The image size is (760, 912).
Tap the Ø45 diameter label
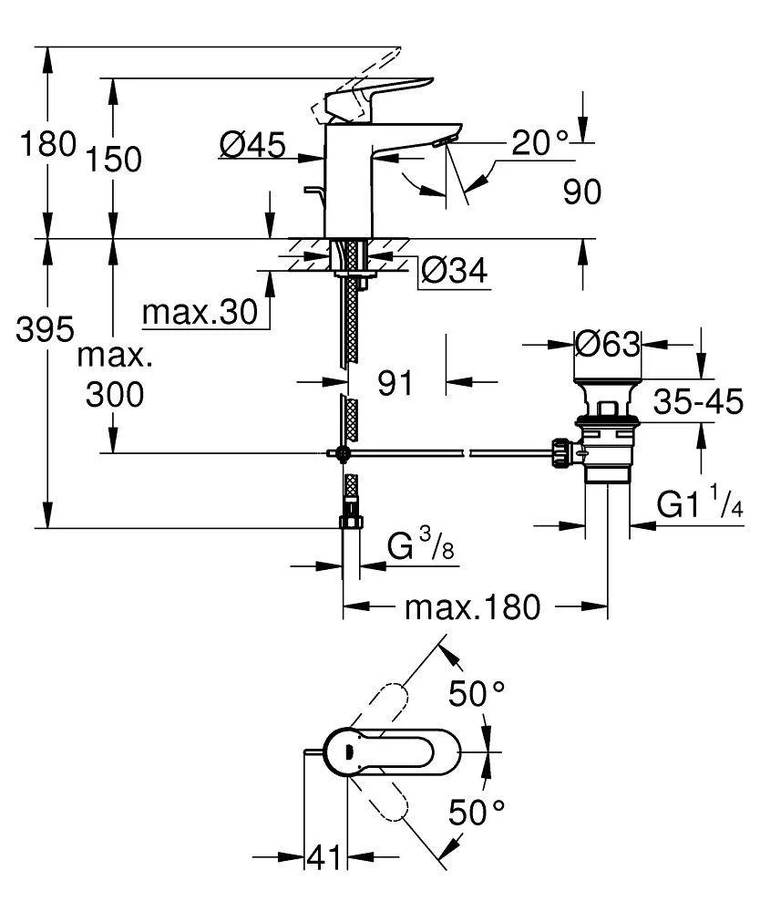tap(252, 143)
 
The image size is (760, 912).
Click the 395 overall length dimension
tap(45, 329)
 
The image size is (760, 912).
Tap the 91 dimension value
tap(395, 384)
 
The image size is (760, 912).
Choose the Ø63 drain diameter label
tap(608, 344)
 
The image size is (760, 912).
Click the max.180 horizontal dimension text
tap(473, 606)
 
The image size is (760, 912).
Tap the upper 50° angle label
tap(476, 695)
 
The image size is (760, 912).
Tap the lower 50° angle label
tap(476, 811)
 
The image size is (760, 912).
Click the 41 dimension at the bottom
tap(324, 857)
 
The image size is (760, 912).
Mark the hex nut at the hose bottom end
tap(351, 523)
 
